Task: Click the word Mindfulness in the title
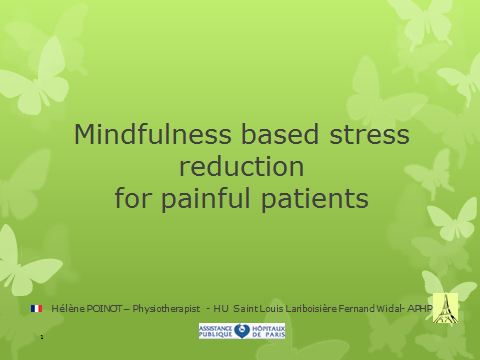click(153, 134)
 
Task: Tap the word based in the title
click(280, 134)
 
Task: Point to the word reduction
click(242, 166)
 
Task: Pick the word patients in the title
click(315, 199)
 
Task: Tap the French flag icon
click(36, 309)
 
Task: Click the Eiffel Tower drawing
click(445, 308)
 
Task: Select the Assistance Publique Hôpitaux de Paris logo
click(242, 331)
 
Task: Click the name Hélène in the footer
click(68, 309)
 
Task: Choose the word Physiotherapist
click(166, 309)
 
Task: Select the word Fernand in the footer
click(357, 309)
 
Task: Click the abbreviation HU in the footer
click(221, 309)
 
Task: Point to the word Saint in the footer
click(246, 309)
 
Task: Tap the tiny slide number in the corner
click(42, 337)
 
